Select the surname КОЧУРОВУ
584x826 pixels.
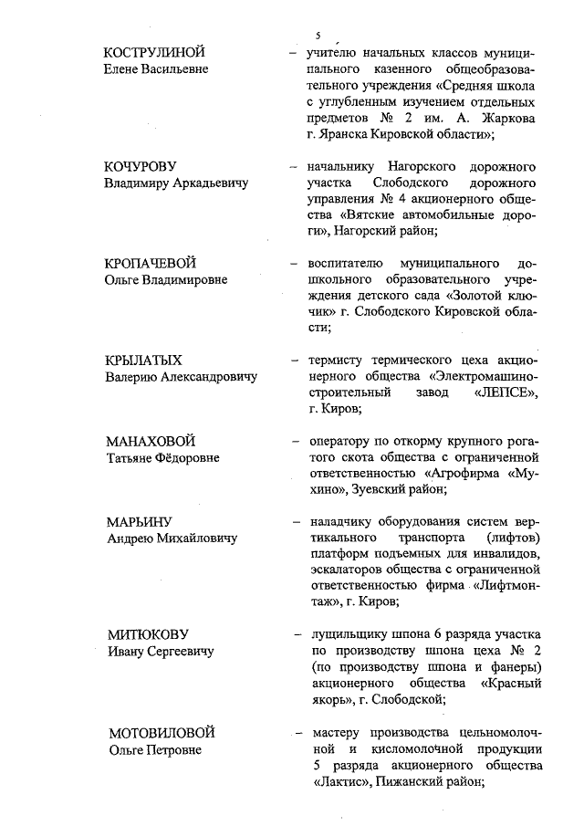[x=145, y=168]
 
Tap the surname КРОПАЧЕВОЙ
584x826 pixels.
[x=151, y=264]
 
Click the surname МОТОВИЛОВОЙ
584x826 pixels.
[x=162, y=733]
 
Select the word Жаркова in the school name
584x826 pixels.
[x=506, y=119]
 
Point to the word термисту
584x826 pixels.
[x=338, y=359]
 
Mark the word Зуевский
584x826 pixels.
[x=388, y=490]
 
